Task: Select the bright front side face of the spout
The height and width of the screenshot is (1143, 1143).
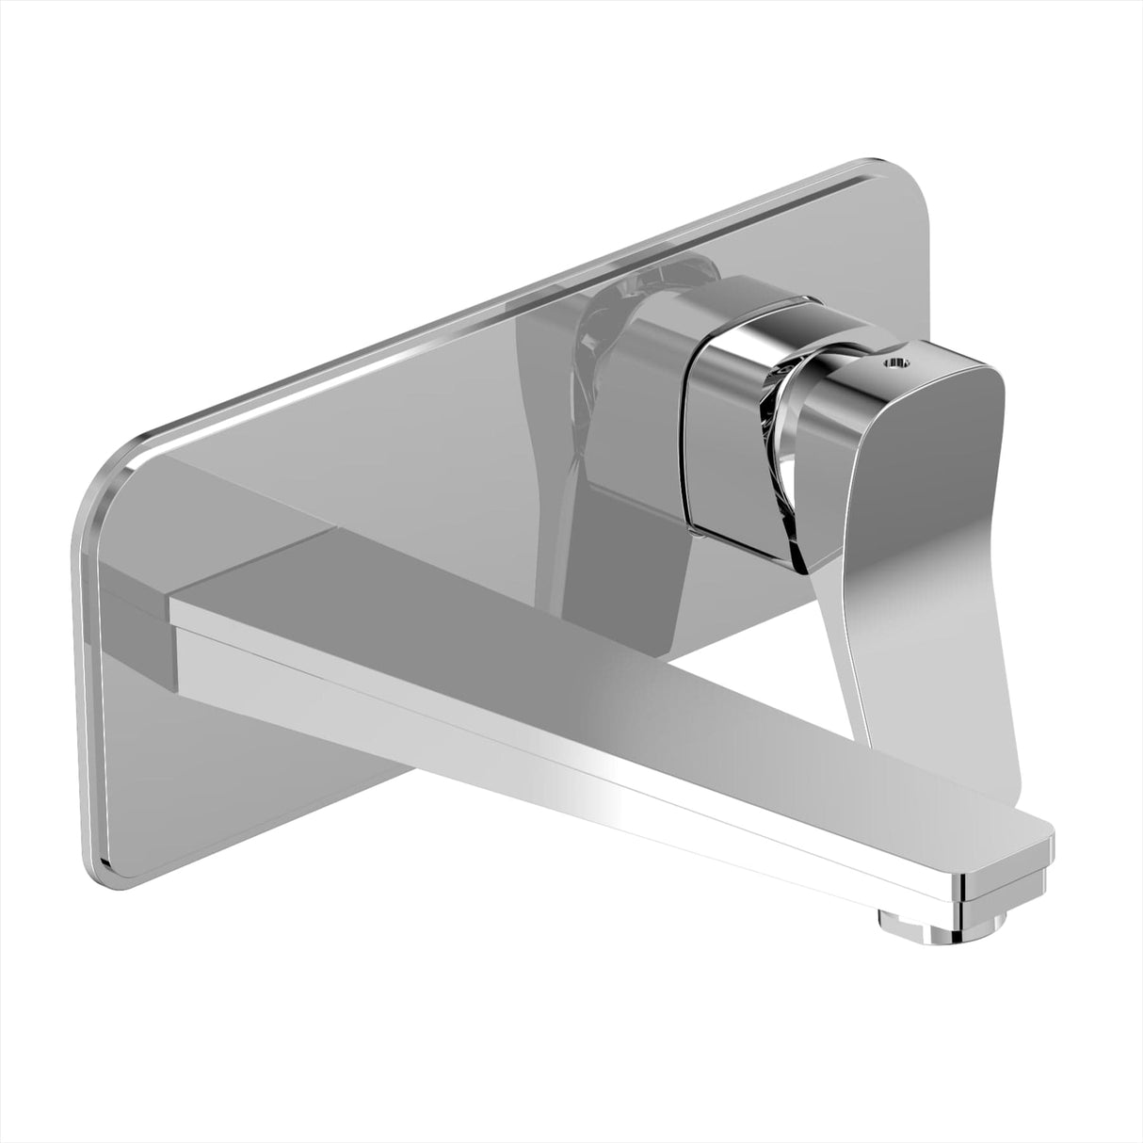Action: (565, 744)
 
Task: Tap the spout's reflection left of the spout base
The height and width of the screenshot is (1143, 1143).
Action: (141, 565)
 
